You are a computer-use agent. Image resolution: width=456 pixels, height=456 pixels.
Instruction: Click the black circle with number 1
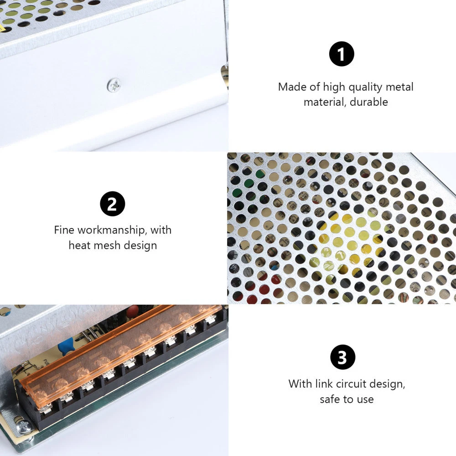(342, 54)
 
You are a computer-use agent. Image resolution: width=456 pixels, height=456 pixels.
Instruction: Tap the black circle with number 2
(113, 204)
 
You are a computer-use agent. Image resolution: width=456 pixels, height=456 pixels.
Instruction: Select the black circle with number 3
(343, 357)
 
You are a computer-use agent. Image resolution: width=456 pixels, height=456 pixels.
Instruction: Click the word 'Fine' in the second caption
(64, 230)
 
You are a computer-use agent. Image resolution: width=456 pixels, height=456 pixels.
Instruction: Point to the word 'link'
(324, 384)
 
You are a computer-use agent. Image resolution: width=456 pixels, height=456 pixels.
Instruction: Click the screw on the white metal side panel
(114, 85)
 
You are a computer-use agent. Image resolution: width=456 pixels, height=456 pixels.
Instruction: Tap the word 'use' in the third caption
(366, 400)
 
